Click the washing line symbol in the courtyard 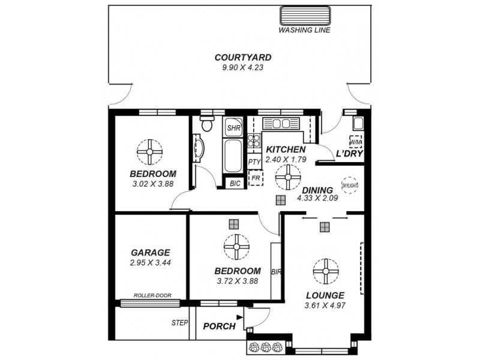coord(305,16)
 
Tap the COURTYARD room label coord(243,58)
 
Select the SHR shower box coord(233,127)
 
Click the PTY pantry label coord(254,162)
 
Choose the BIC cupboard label coord(235,184)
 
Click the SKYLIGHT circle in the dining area coord(350,184)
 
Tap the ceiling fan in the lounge coord(325,271)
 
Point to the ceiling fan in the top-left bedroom coord(149,151)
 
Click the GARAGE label coord(150,253)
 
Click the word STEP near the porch coord(180,323)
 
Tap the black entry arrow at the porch coord(239,317)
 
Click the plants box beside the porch coord(264,347)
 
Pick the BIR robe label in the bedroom coord(276,272)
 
